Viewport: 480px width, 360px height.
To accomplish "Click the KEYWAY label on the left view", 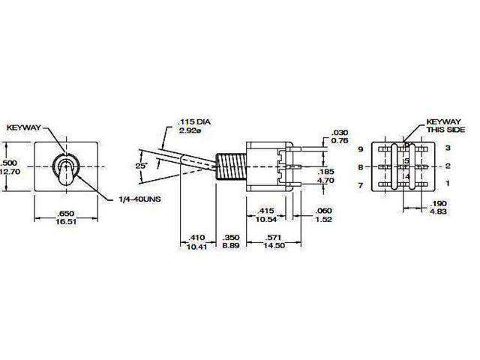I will [x=25, y=128].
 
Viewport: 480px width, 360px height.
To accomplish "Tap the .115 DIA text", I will [x=190, y=121].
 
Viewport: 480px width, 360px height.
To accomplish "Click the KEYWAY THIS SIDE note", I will [x=442, y=124].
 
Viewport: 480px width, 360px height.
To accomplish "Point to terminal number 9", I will [x=361, y=149].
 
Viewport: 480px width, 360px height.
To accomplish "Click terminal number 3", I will [x=448, y=149].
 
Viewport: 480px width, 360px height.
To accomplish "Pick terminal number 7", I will [x=361, y=184].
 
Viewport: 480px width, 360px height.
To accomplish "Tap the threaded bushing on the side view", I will [x=234, y=166].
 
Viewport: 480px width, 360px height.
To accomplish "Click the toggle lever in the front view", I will [x=65, y=172].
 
